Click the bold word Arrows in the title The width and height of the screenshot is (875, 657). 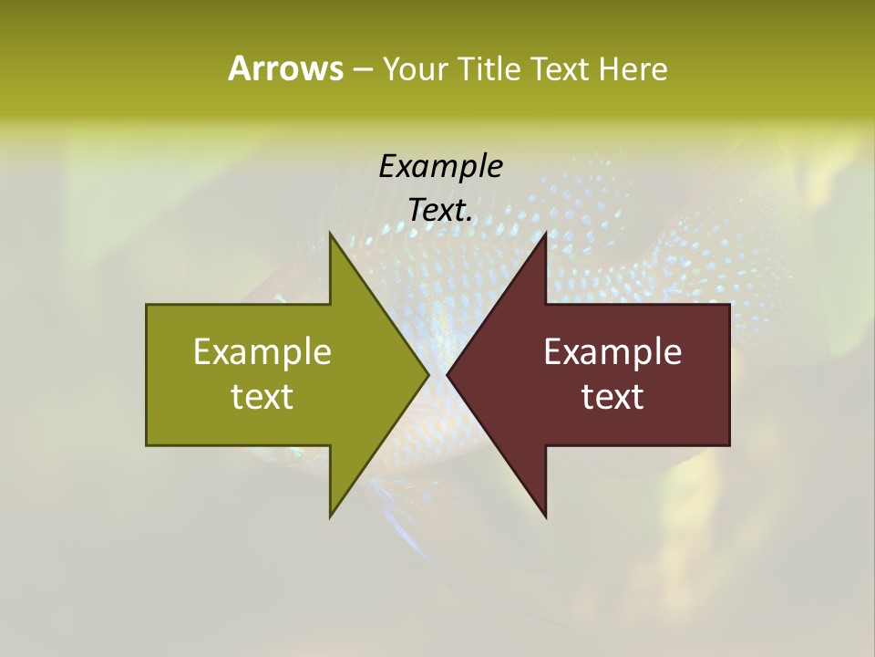(x=284, y=68)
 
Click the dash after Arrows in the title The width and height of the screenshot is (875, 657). (x=362, y=69)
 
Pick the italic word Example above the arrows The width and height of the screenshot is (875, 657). (x=440, y=166)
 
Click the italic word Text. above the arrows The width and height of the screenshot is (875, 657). (x=440, y=210)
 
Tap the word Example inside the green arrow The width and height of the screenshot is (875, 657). (x=262, y=352)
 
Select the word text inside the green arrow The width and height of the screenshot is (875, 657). (x=262, y=397)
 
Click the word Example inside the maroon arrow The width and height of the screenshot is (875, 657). (x=612, y=352)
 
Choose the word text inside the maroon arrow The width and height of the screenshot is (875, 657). (x=612, y=397)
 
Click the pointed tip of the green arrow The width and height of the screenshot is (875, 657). (x=428, y=374)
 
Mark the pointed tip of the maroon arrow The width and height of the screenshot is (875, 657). (x=448, y=374)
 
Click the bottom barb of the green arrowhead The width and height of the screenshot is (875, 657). (x=331, y=516)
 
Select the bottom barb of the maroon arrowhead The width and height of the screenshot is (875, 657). (x=545, y=516)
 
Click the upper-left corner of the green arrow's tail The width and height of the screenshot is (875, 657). (x=147, y=305)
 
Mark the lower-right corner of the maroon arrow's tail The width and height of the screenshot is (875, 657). (x=729, y=444)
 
